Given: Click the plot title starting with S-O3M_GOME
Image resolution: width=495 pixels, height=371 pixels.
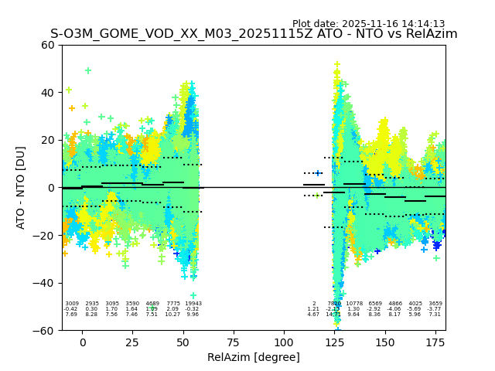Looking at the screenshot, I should tap(254, 34).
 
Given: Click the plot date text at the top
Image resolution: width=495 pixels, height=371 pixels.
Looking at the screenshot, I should tap(368, 24).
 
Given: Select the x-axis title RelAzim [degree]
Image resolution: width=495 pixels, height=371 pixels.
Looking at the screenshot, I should tap(254, 357).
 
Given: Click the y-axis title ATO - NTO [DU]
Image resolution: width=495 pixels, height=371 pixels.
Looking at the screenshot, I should tap(21, 187).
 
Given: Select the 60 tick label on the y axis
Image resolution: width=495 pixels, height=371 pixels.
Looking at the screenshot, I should tap(48, 45).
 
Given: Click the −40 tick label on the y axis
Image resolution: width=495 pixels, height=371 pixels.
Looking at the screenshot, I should tap(45, 283).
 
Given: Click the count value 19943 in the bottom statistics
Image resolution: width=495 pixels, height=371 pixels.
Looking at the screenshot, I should tap(193, 304).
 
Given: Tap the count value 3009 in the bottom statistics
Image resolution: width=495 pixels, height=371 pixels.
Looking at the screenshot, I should tap(71, 304).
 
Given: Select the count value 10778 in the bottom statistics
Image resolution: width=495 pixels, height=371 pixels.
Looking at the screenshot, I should tap(354, 304).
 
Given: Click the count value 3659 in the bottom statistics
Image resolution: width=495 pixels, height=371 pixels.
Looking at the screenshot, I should tap(435, 304).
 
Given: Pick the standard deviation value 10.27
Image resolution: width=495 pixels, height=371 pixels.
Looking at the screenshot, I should tap(172, 315).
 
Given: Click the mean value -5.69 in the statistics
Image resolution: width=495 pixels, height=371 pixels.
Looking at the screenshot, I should tap(415, 309).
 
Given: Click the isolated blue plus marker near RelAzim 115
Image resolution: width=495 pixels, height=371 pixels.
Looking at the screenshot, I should tap(318, 173).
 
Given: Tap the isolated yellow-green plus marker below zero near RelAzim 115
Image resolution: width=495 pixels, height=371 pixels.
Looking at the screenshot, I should tap(316, 196).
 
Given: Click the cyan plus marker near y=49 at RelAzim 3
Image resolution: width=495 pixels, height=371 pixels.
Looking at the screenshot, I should tap(88, 70).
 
